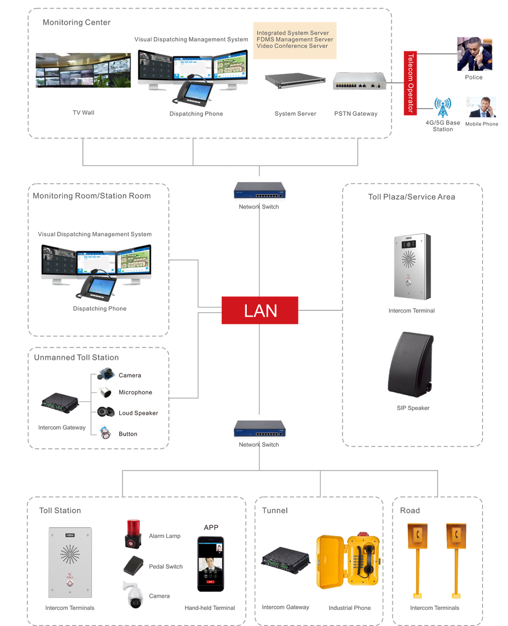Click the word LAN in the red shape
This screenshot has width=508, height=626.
261,311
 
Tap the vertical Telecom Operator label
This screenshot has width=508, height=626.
411,83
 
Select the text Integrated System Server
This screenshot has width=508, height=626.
292,33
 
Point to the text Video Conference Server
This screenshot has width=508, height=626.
292,46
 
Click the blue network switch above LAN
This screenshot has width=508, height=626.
259,190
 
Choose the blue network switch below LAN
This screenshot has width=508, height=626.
259,429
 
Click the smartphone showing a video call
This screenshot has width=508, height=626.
211,563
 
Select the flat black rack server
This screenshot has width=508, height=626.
294,80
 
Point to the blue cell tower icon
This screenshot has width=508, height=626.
442,109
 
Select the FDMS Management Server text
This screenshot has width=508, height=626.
295,39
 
